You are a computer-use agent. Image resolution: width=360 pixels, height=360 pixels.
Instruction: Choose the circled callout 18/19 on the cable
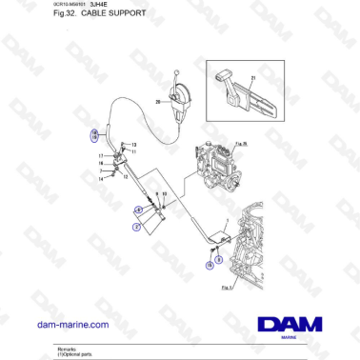94,135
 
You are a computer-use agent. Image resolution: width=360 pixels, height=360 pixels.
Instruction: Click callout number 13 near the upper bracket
134,144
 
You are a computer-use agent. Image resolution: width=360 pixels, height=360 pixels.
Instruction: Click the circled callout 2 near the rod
136,228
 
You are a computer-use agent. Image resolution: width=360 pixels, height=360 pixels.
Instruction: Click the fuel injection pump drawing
215,167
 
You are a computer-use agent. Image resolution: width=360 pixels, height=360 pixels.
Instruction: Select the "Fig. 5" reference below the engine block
226,285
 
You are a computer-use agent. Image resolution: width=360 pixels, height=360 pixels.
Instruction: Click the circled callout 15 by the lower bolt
210,267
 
